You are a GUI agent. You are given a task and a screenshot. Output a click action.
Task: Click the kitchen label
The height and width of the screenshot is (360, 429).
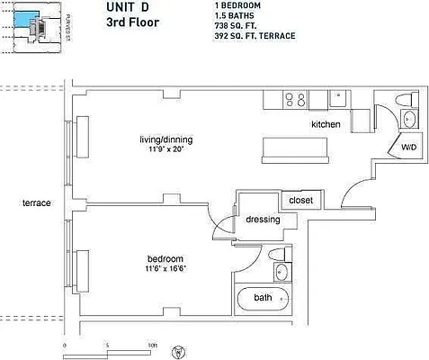(325, 123)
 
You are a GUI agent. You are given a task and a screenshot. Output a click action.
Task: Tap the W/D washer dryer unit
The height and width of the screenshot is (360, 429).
(408, 147)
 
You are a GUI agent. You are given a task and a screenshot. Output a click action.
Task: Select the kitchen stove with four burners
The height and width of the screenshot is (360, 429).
(294, 99)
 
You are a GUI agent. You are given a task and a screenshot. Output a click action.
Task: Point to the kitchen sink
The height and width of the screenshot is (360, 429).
(339, 98)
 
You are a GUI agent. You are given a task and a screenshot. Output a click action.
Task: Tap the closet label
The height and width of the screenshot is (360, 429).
(301, 200)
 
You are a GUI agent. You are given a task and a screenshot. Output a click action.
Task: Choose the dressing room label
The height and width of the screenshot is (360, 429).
(263, 220)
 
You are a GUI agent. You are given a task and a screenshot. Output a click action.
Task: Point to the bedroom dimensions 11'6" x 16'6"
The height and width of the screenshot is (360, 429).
(165, 268)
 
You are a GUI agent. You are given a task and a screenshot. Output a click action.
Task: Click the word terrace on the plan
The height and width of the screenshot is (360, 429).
(37, 203)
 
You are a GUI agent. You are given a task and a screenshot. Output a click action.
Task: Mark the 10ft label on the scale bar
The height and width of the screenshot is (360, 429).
(153, 345)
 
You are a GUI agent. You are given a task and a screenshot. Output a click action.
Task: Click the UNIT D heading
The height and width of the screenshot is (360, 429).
(129, 7)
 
